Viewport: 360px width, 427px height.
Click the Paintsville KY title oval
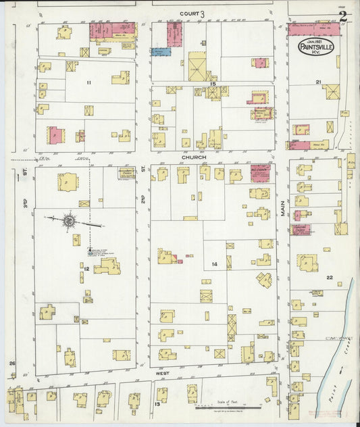coord(319,48)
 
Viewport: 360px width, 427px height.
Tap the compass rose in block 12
coord(70,220)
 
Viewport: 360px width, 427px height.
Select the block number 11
coord(88,82)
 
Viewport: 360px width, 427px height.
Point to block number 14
coord(215,263)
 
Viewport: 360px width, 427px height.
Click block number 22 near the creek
coord(329,278)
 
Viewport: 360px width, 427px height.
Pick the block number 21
coord(318,82)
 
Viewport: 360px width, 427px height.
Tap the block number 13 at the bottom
coord(156,405)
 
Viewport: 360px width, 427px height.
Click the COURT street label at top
coord(189,13)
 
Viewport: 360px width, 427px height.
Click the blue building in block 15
coord(161,51)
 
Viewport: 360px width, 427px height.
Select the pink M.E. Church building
coord(259,174)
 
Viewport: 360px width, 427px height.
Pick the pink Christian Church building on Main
coord(301,229)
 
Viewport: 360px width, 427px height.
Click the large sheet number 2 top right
coord(344,16)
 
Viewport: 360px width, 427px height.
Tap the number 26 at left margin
coord(11,364)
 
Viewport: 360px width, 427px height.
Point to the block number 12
coord(86,269)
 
